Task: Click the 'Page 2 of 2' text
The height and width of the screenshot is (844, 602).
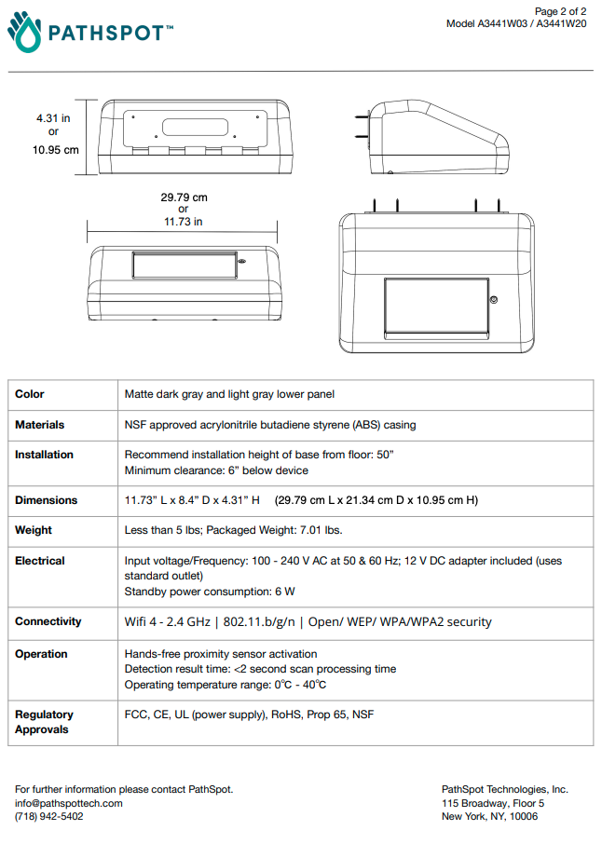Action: (x=560, y=11)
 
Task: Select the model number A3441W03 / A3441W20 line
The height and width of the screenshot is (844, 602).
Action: (x=516, y=23)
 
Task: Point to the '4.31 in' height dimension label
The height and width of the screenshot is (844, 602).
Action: (x=53, y=118)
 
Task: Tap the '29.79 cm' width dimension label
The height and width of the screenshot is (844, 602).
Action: (x=184, y=197)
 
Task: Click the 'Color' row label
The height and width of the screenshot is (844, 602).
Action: (x=30, y=394)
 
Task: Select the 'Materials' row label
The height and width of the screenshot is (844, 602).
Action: (x=40, y=425)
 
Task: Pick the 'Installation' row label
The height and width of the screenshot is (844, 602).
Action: (x=44, y=455)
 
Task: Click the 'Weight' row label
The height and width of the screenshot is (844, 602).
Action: (x=34, y=530)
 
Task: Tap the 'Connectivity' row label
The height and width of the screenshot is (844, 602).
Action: (x=48, y=621)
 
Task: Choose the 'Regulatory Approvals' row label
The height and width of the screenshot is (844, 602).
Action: (x=44, y=722)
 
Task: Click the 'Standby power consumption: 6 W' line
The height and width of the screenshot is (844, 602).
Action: (x=210, y=592)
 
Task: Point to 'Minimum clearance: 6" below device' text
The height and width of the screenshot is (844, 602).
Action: (x=216, y=470)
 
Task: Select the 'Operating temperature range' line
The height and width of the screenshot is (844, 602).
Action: (x=226, y=685)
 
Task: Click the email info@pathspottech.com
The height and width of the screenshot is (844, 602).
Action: (x=68, y=803)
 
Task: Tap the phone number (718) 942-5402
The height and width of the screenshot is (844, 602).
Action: (x=48, y=817)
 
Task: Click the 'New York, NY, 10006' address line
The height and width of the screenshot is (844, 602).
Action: (x=489, y=817)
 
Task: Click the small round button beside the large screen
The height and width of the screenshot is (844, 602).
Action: (x=493, y=300)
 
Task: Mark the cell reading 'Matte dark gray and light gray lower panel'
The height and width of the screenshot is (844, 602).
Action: (x=229, y=394)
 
